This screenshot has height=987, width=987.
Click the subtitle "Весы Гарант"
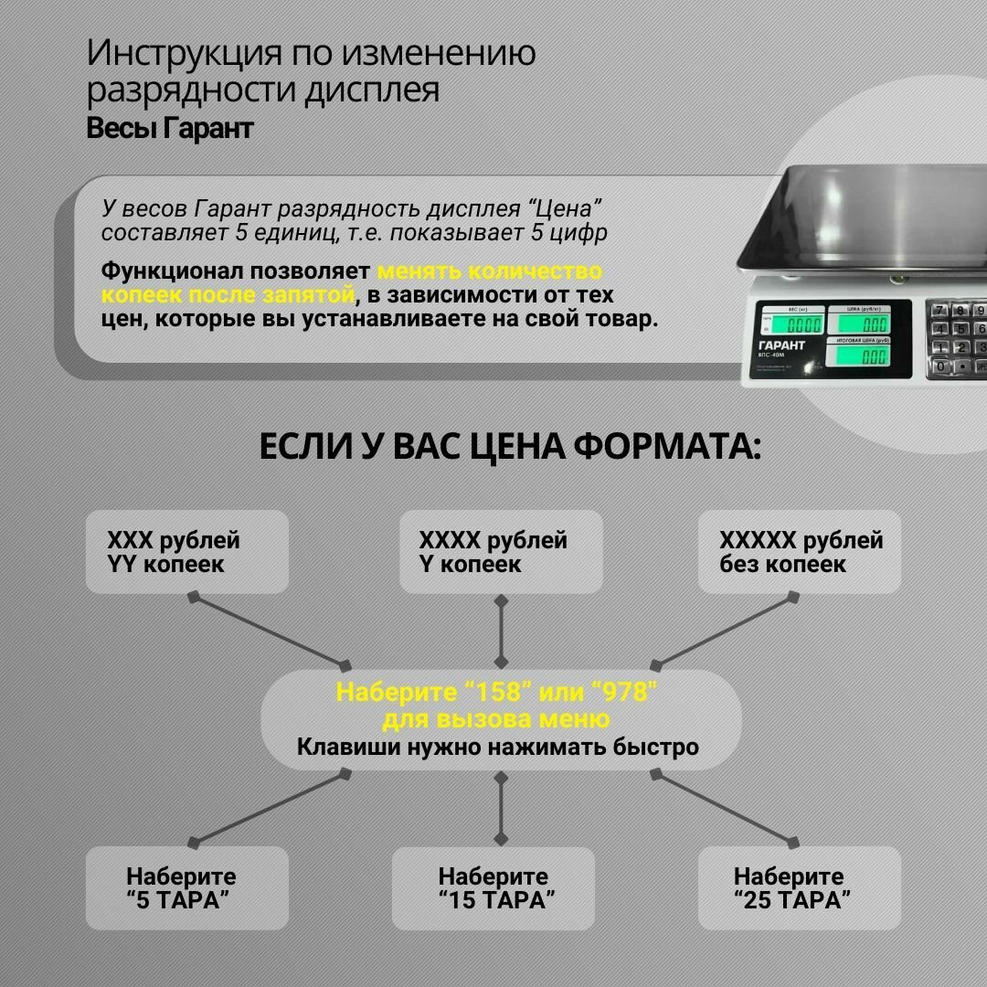point(170,129)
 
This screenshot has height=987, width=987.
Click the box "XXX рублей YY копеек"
point(186,552)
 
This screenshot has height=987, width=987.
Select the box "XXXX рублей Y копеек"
point(501,552)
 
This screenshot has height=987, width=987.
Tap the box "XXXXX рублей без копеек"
point(800,552)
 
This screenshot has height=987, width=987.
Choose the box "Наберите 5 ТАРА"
point(186,888)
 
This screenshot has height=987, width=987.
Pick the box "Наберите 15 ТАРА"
point(493,888)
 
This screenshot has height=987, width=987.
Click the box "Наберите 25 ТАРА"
point(800,888)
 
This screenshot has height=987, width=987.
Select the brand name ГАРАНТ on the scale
point(782,345)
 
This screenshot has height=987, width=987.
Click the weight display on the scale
point(795,323)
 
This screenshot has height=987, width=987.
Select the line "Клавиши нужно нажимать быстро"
point(498,748)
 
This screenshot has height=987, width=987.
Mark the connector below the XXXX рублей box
point(501,631)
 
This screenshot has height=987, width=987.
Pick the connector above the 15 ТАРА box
point(501,807)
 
